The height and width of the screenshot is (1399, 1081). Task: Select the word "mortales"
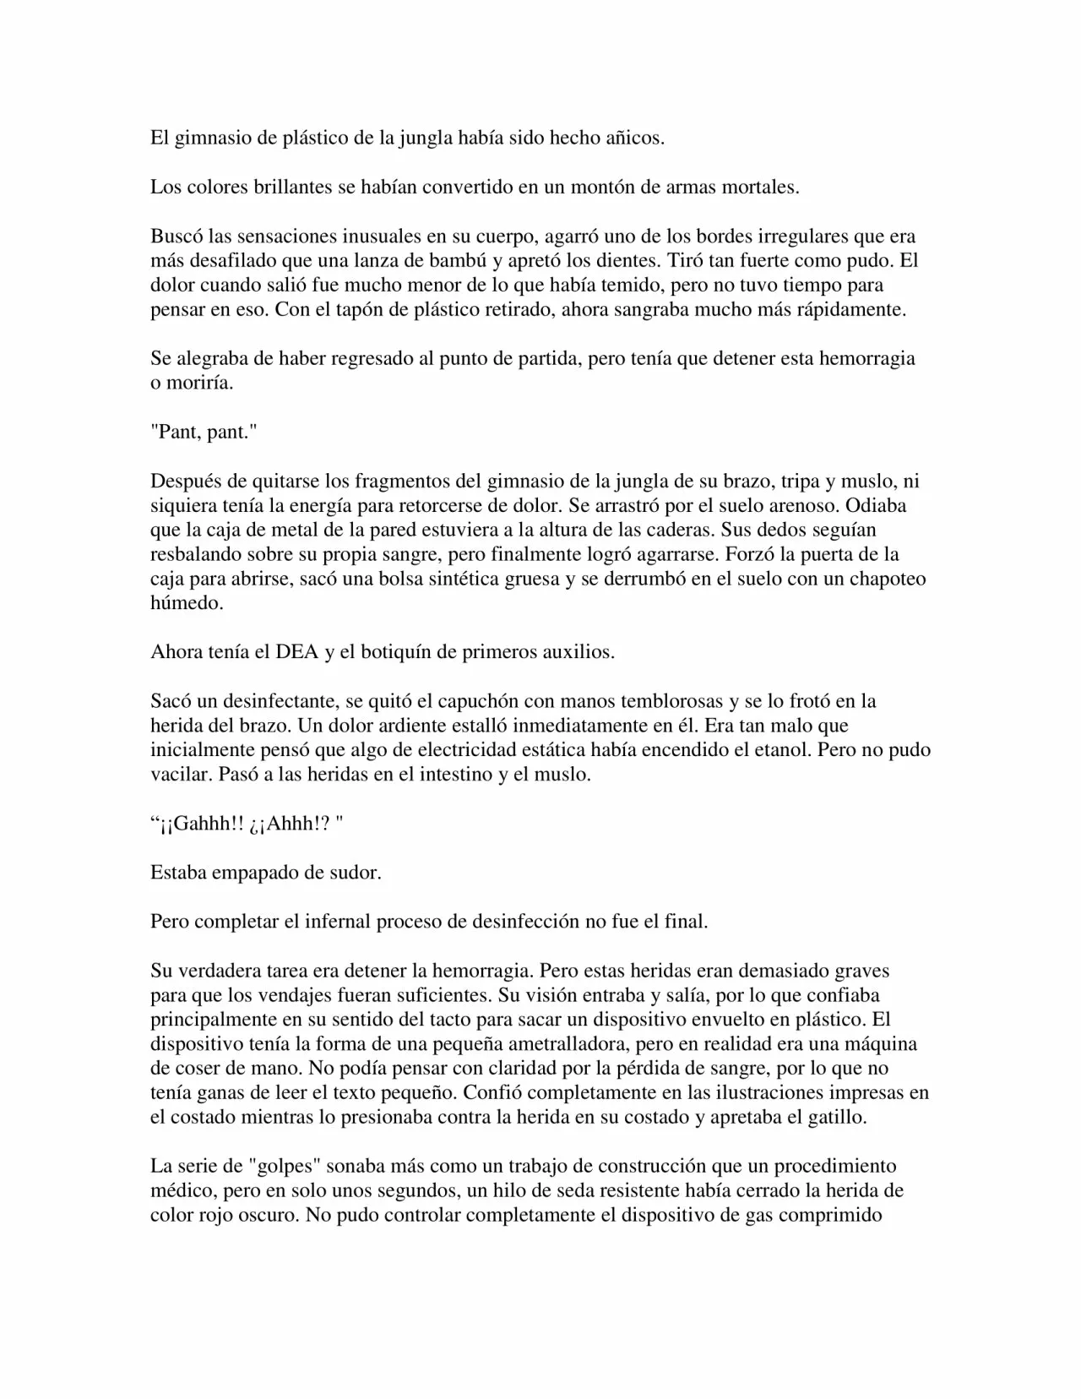point(759,188)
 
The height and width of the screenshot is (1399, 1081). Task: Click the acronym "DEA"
point(296,653)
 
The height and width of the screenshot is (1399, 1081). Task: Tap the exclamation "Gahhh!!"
point(201,825)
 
